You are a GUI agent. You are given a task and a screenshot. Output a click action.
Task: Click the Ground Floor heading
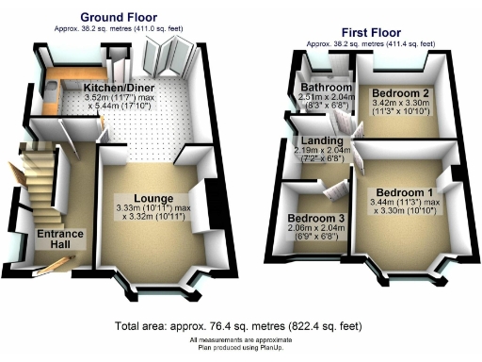click(119, 17)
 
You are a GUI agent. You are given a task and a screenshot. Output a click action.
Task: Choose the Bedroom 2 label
click(401, 94)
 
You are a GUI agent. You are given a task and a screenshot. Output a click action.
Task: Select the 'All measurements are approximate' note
click(241, 338)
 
